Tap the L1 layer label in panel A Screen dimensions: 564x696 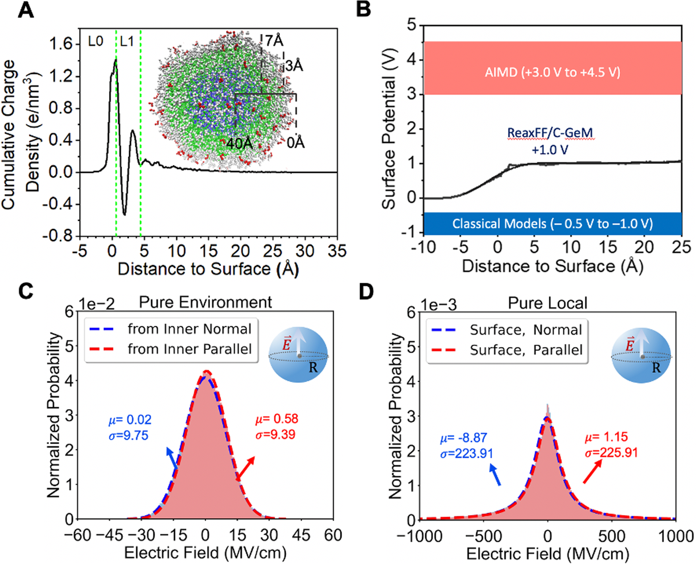pos(127,41)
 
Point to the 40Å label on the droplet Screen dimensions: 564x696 pos(239,143)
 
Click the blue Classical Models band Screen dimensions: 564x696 pos(553,224)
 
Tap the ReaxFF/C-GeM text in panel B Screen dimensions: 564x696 pos(551,133)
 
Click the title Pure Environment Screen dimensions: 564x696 pos(205,302)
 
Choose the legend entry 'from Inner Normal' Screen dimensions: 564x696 pos(189,329)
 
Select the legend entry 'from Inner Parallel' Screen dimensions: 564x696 pos(189,349)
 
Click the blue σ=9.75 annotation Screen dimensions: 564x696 pos(128,435)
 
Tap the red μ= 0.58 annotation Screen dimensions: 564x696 pos(276,419)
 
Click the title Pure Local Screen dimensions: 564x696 pos(547,303)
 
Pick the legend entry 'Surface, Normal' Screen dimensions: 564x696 pos(525,330)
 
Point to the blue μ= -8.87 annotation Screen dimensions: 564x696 pos(463,438)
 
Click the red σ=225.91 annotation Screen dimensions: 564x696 pos(611,452)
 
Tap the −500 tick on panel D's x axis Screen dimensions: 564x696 pos(483,537)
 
